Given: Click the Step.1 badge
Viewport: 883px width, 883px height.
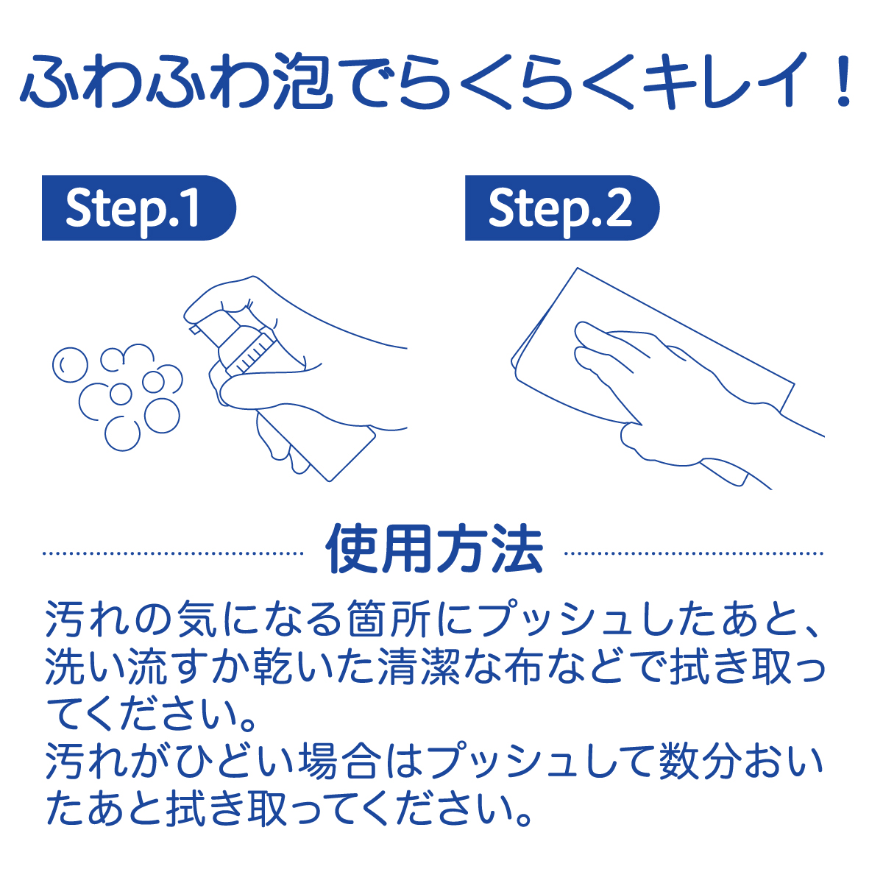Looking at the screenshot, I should click(138, 208).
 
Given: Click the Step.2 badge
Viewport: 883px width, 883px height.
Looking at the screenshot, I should click(561, 208).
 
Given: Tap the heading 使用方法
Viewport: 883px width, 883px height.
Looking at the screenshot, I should click(434, 550).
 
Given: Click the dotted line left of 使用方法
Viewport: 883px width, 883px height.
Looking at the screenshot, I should click(174, 553).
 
